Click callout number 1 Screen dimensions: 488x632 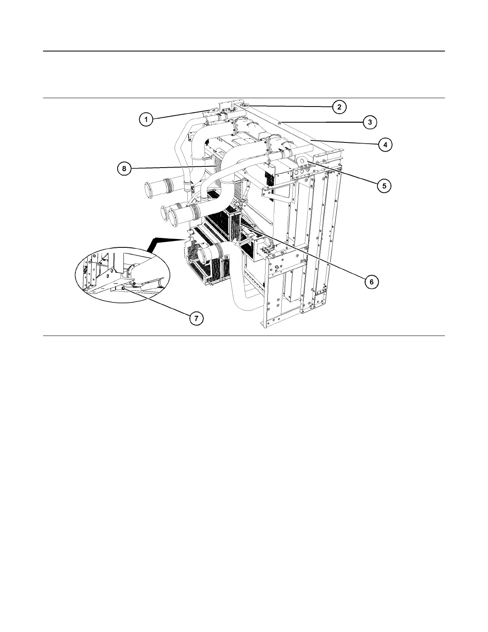pyautogui.click(x=146, y=119)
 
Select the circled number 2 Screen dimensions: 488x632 pyautogui.click(x=339, y=107)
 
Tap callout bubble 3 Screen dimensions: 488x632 pyautogui.click(x=370, y=122)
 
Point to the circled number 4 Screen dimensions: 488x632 pyautogui.click(x=385, y=144)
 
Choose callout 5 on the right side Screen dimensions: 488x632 pyautogui.click(x=384, y=186)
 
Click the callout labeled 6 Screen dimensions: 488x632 pyautogui.click(x=371, y=282)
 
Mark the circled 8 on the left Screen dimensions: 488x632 pyautogui.click(x=124, y=169)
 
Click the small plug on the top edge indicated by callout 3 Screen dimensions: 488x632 pyautogui.click(x=280, y=123)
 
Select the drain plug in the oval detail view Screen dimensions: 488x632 pyautogui.click(x=124, y=288)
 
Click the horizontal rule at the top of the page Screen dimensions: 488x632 pyautogui.click(x=244, y=51)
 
